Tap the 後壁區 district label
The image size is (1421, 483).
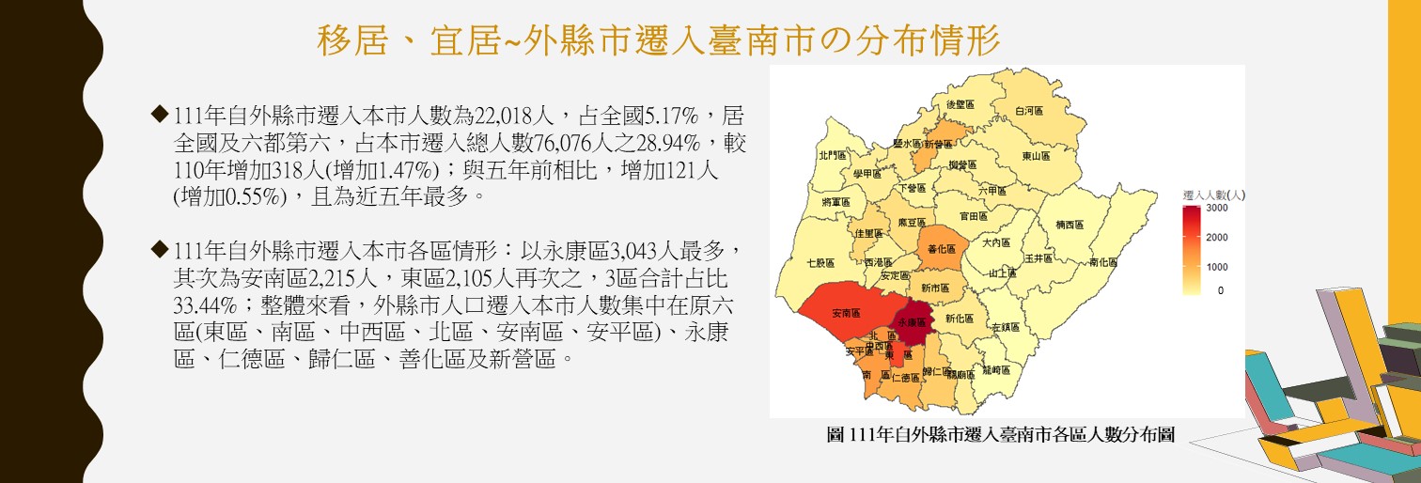click(963, 104)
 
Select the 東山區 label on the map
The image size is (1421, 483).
click(1036, 157)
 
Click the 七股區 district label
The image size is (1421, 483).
click(820, 263)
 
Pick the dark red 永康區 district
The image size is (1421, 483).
click(911, 321)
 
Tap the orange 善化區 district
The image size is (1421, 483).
click(941, 249)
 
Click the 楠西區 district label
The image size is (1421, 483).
click(1070, 225)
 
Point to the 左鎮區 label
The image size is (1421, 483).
click(1006, 327)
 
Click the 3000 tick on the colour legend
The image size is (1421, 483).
click(1216, 207)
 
